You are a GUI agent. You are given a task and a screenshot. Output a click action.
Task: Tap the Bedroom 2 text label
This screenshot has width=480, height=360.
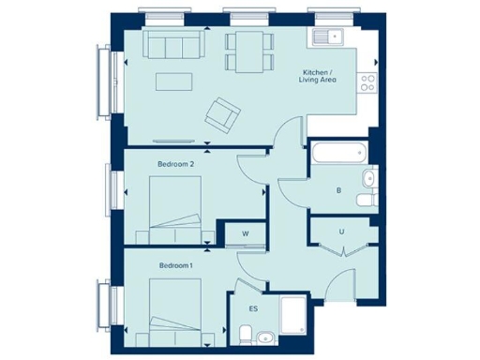[x=175, y=164]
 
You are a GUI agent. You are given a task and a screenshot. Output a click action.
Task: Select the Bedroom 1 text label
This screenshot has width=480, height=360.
[x=175, y=266]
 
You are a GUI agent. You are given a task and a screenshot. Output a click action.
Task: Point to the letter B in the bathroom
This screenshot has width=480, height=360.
[x=338, y=191]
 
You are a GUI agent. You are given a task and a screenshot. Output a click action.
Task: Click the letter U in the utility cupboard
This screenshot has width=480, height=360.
[x=343, y=231]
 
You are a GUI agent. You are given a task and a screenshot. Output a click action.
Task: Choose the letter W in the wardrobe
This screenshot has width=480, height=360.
[x=245, y=232]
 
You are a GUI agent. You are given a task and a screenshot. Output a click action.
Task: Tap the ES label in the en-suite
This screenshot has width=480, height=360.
[x=253, y=307]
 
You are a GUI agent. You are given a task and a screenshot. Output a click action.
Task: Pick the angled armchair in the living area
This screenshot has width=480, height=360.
[x=223, y=113]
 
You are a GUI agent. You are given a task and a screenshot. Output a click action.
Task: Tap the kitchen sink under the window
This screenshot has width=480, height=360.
[x=329, y=37]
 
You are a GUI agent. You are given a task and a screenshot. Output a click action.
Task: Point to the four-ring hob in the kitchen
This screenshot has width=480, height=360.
[x=368, y=82]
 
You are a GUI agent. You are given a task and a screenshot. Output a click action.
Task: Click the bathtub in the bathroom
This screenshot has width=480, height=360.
[x=338, y=152]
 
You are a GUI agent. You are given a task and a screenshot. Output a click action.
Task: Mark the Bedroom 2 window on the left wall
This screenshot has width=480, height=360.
[x=114, y=187]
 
